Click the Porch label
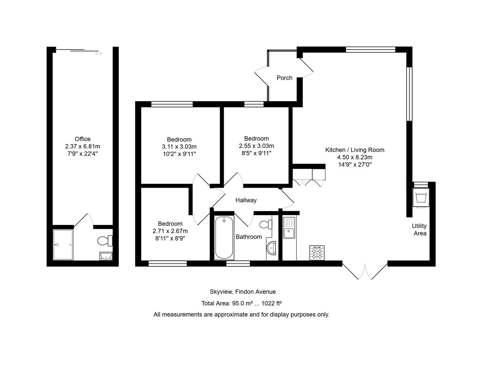284,78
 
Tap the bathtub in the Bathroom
224,238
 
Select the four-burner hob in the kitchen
317,253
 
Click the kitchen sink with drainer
289,228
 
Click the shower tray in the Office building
63,245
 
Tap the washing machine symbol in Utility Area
421,197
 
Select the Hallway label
246,200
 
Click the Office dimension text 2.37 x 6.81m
83,146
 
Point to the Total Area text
242,303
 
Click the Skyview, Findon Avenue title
243,292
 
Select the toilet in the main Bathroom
266,224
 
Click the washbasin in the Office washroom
106,256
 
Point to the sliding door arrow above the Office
98,53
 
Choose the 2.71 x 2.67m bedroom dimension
170,231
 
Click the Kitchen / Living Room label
355,150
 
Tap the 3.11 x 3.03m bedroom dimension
179,147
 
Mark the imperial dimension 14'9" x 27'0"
355,164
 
